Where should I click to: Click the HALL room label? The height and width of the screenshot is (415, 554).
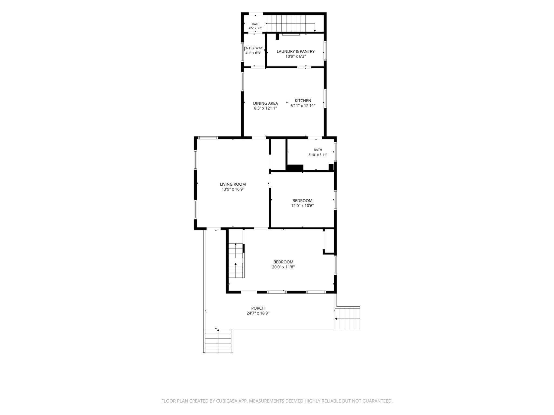point(255,24)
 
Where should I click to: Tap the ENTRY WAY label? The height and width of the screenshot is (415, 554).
point(253,48)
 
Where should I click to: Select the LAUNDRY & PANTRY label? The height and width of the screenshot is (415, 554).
point(296,51)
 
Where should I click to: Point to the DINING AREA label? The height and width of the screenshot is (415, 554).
point(265,103)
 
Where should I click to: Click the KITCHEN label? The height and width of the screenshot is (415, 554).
point(303,101)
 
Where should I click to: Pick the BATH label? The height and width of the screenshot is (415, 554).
point(318,150)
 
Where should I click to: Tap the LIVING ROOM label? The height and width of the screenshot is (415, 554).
point(233,184)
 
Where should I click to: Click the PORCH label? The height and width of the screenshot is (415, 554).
point(258,308)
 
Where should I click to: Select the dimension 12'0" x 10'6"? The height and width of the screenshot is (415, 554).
point(302,206)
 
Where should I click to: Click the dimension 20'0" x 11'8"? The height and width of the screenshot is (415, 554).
point(283,267)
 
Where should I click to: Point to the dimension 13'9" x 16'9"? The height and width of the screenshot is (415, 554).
point(233,189)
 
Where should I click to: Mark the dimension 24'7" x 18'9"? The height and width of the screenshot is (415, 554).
point(258,313)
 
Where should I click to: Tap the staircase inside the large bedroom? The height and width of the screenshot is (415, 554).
point(236,260)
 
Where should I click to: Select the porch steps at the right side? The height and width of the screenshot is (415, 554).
point(347,318)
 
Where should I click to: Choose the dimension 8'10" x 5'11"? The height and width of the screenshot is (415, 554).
point(318,155)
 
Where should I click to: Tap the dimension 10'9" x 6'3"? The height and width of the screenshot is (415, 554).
point(296,56)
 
